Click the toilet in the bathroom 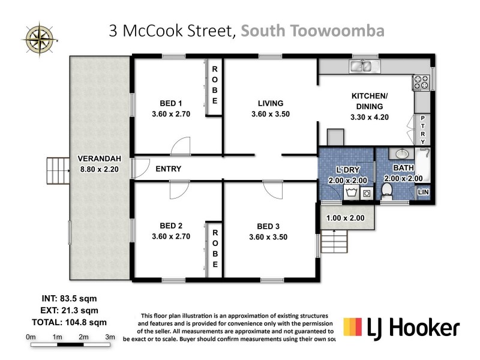pos(387,191)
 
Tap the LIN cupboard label pos(424,191)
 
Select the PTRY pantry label pos(424,130)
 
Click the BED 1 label pos(170,103)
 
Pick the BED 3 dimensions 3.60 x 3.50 pos(263,236)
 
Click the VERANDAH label pos(100,159)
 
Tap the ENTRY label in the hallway pos(168,169)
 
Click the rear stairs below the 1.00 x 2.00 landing pos(334,243)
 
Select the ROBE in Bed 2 pos(215,247)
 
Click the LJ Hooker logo pos(401,327)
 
